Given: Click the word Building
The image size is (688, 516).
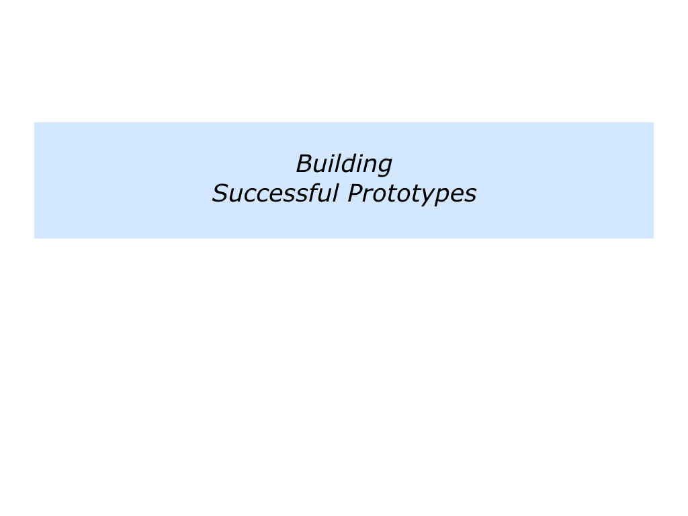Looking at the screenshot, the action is click(x=344, y=165).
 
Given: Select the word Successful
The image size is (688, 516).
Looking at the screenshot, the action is click(x=275, y=193).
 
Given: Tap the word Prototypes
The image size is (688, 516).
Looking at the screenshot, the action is click(x=412, y=194).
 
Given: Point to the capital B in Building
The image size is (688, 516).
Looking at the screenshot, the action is click(x=306, y=163).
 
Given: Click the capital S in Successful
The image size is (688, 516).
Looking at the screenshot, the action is click(x=220, y=193).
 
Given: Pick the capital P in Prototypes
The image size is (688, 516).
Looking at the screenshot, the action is click(x=356, y=193).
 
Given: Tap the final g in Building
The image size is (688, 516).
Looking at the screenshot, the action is click(x=384, y=167).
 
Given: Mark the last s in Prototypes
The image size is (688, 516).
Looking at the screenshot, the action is click(x=470, y=196).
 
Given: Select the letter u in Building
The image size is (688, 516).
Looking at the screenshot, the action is click(x=324, y=167).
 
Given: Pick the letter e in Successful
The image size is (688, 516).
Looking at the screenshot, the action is click(x=275, y=196).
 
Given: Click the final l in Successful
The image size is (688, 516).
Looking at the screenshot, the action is click(x=336, y=192).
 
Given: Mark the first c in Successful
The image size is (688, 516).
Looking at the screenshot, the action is click(x=250, y=196).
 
